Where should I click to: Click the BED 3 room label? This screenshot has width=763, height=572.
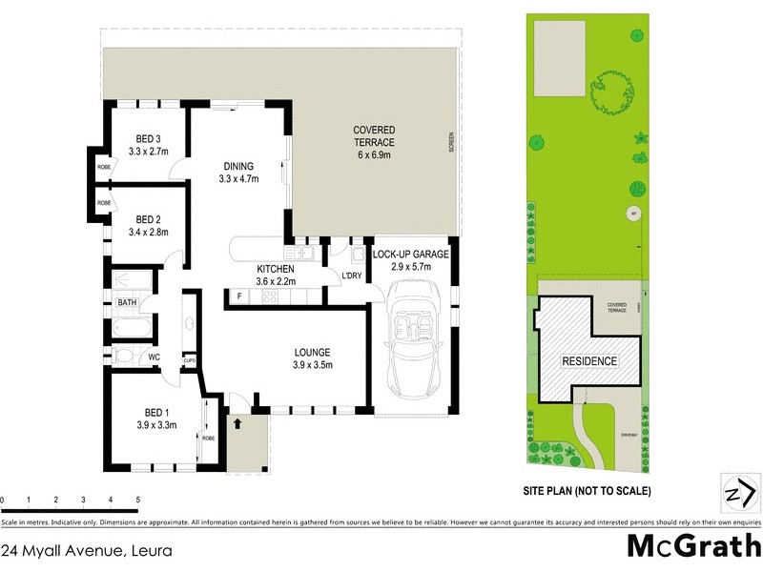coord(148,137)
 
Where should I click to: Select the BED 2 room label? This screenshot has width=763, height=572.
coord(148,218)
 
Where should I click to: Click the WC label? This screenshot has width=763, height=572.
coord(153,358)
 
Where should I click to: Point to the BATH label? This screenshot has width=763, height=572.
coord(127,302)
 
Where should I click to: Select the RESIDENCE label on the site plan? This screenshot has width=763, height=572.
coord(588,361)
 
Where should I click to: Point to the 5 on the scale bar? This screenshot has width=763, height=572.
coord(138,500)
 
